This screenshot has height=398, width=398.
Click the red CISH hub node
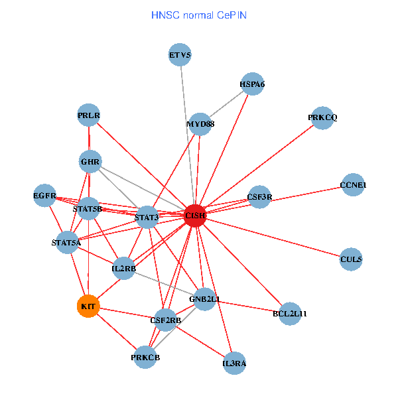[x=195, y=216]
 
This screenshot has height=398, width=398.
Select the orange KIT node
[x=88, y=306]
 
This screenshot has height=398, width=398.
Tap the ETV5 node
[x=180, y=55]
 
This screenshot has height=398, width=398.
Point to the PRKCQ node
[x=322, y=118]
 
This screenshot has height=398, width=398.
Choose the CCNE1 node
[x=353, y=185]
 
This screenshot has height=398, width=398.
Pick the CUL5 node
[x=351, y=259]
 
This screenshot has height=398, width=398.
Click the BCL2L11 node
[x=290, y=313]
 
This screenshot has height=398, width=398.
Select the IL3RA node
[x=234, y=364]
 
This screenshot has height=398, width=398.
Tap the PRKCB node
[x=145, y=358]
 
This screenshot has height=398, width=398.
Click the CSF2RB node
[x=166, y=321]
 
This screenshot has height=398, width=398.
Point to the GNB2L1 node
[x=205, y=299]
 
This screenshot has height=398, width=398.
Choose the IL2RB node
[x=124, y=269]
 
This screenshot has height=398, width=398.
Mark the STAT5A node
[x=66, y=243]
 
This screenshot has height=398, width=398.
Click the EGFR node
[x=44, y=196]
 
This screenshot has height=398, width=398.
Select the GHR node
[x=90, y=162]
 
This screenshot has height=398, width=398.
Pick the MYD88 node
[x=200, y=124]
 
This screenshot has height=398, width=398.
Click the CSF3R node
[x=259, y=197]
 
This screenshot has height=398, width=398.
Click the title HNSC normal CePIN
[x=199, y=15]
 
